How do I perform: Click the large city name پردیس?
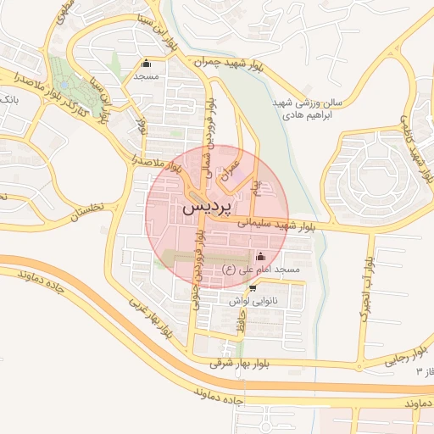point(205,207)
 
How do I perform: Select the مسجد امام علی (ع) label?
point(261,270)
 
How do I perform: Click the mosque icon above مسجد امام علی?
point(259,256)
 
